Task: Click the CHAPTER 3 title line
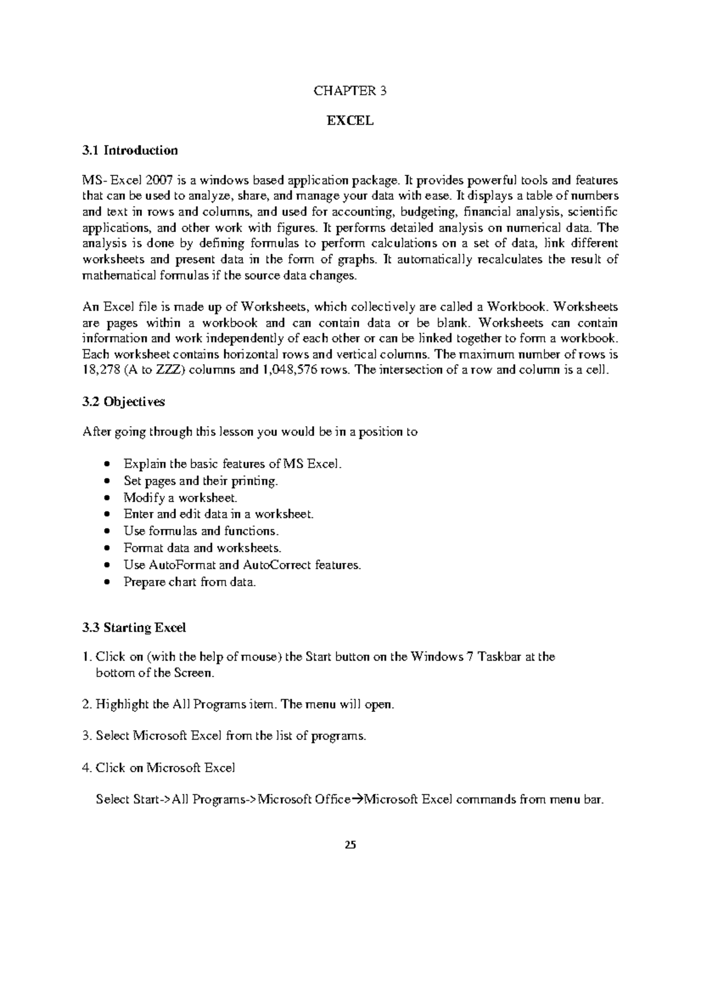pyautogui.click(x=350, y=91)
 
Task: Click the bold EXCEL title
pyautogui.click(x=350, y=121)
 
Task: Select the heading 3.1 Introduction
pyautogui.click(x=130, y=151)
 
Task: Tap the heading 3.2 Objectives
pyautogui.click(x=124, y=402)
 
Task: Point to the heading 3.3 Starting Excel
pyautogui.click(x=134, y=628)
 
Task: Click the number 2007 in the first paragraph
pyautogui.click(x=159, y=181)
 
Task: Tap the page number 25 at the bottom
pyautogui.click(x=350, y=845)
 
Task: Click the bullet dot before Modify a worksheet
pyautogui.click(x=106, y=499)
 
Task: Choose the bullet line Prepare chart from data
pyautogui.click(x=190, y=582)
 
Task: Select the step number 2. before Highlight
pyautogui.click(x=88, y=704)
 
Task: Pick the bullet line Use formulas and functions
pyautogui.click(x=201, y=531)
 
